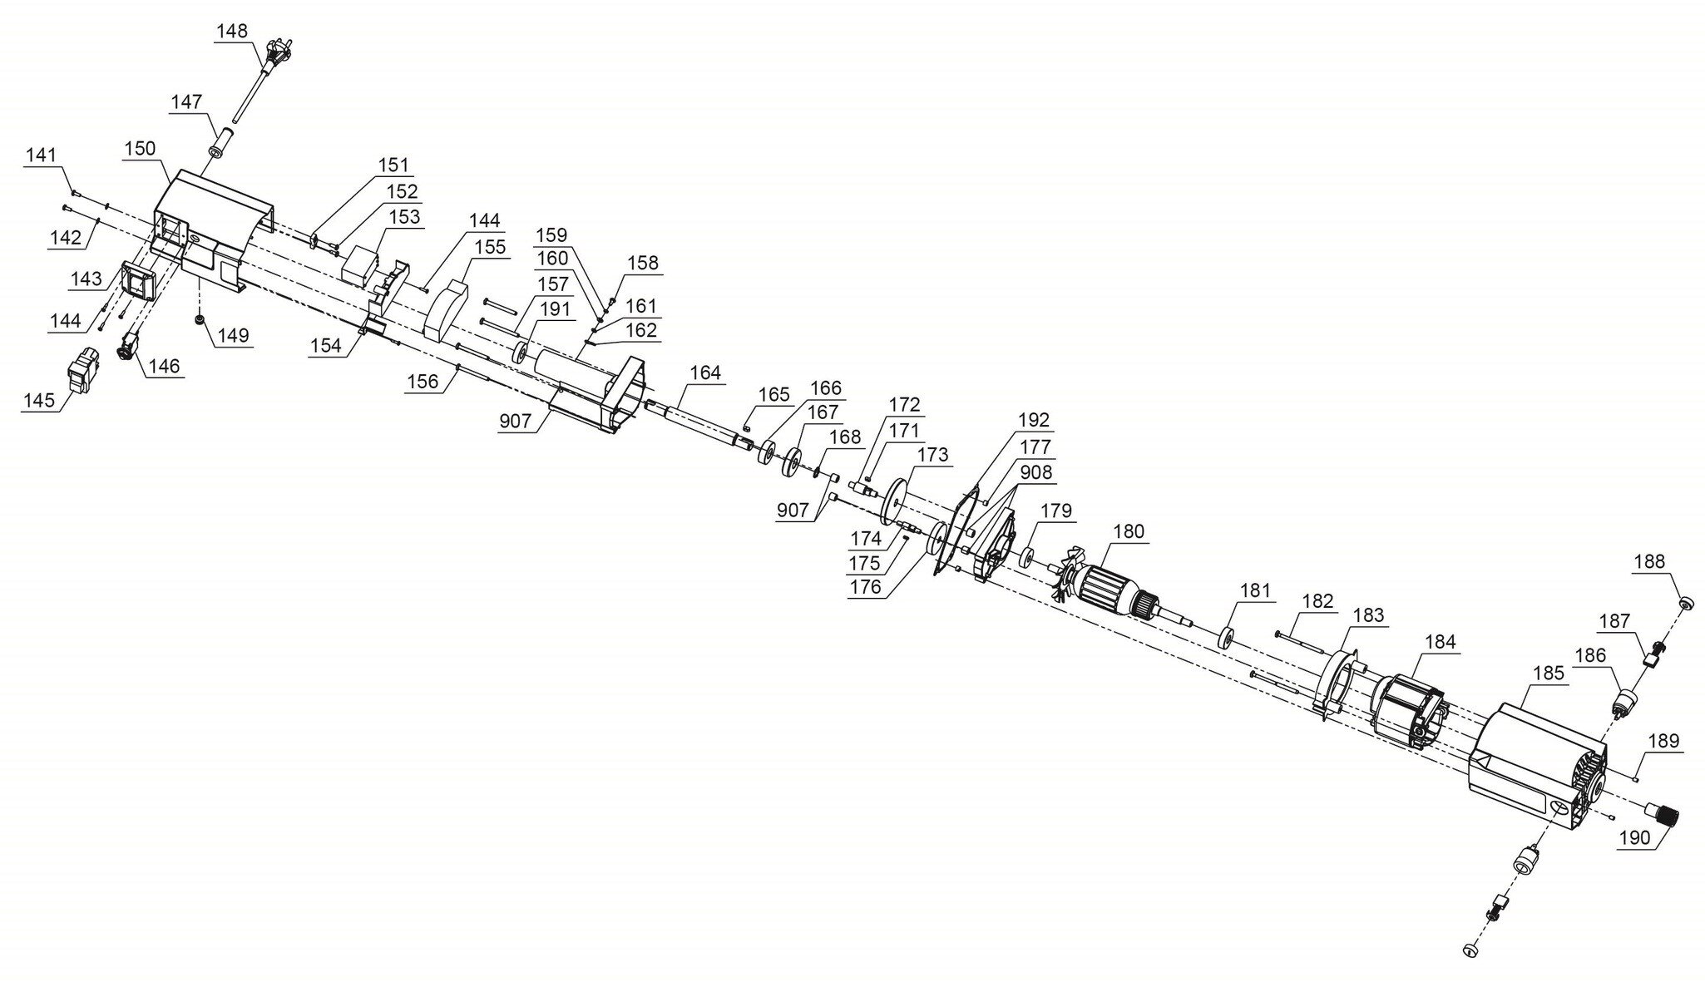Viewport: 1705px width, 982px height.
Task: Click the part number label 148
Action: pos(232,32)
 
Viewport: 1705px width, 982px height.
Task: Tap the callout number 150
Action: pos(140,149)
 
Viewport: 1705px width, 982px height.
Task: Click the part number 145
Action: pos(39,400)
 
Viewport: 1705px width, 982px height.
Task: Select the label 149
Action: pos(234,336)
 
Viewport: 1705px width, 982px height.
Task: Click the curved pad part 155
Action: pos(446,310)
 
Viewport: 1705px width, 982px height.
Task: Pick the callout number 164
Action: pos(705,373)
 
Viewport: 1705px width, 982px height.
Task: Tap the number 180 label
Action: pos(1129,531)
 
